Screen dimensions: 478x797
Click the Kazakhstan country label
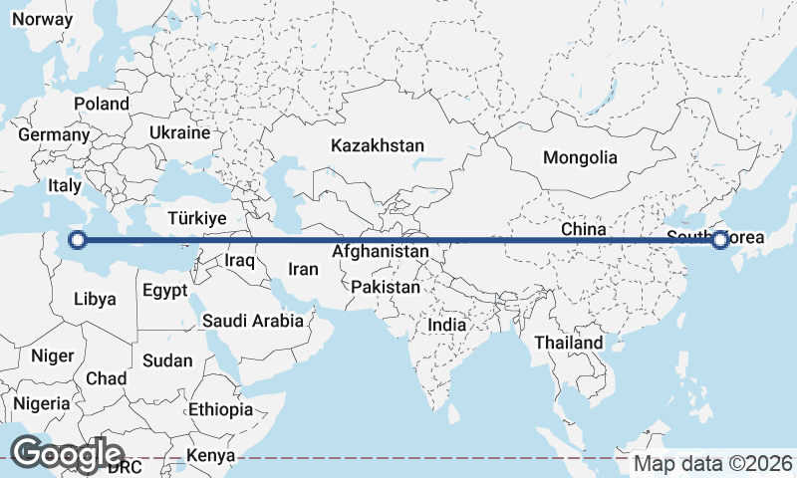pyautogui.click(x=378, y=145)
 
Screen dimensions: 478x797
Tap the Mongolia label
pyautogui.click(x=580, y=157)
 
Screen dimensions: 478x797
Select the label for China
pyautogui.click(x=583, y=229)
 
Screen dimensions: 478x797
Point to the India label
pyautogui.click(x=446, y=325)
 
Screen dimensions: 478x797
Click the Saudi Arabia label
pyautogui.click(x=252, y=321)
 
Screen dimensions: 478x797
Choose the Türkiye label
pyautogui.click(x=198, y=218)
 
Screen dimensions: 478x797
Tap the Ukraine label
pyautogui.click(x=179, y=132)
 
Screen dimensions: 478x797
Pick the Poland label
pyautogui.click(x=101, y=104)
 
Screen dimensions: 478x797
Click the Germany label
pyautogui.click(x=54, y=134)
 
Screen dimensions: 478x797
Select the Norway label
pyautogui.click(x=42, y=19)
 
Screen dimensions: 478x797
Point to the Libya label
pyautogui.click(x=95, y=298)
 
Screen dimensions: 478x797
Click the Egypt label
pyautogui.click(x=164, y=292)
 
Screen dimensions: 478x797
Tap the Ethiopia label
pyautogui.click(x=220, y=409)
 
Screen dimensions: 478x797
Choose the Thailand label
pyautogui.click(x=569, y=343)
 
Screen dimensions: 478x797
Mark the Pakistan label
pyautogui.click(x=386, y=287)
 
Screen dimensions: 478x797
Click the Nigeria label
pyautogui.click(x=42, y=403)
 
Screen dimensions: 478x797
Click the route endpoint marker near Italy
pyautogui.click(x=78, y=239)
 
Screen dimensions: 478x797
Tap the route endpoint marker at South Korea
pyautogui.click(x=719, y=239)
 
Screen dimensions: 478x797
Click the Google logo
pyautogui.click(x=67, y=454)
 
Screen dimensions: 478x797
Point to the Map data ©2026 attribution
pyautogui.click(x=713, y=464)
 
